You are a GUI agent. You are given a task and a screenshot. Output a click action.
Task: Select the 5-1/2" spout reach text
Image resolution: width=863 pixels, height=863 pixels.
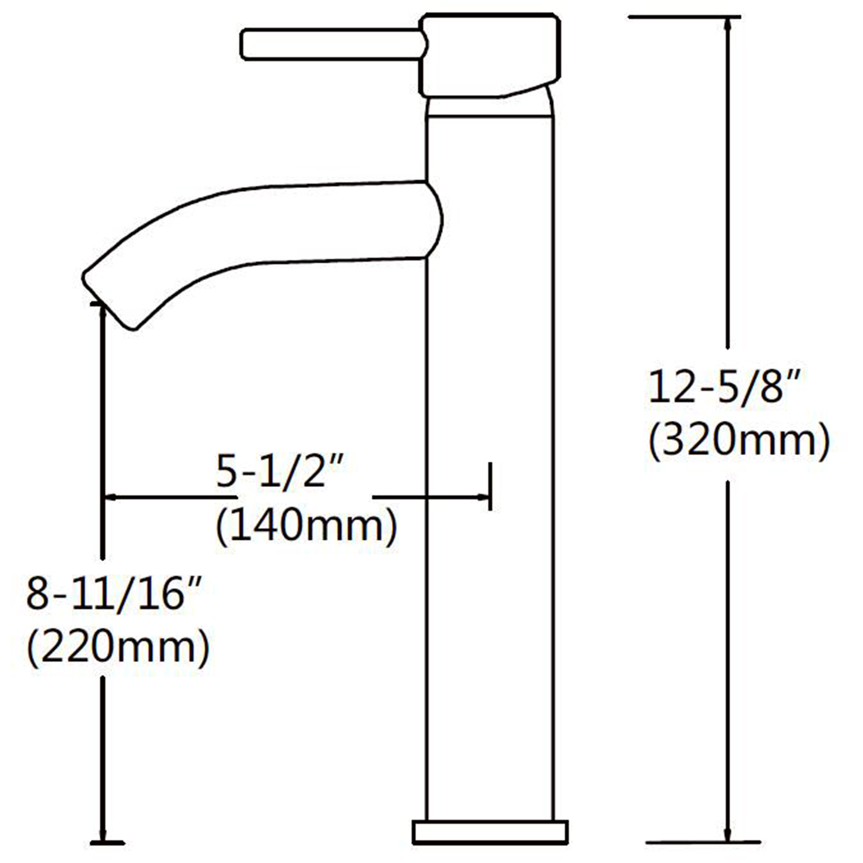pos(281,471)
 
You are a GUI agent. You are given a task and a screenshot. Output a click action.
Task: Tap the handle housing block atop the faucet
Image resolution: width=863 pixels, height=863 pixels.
pos(490,55)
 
